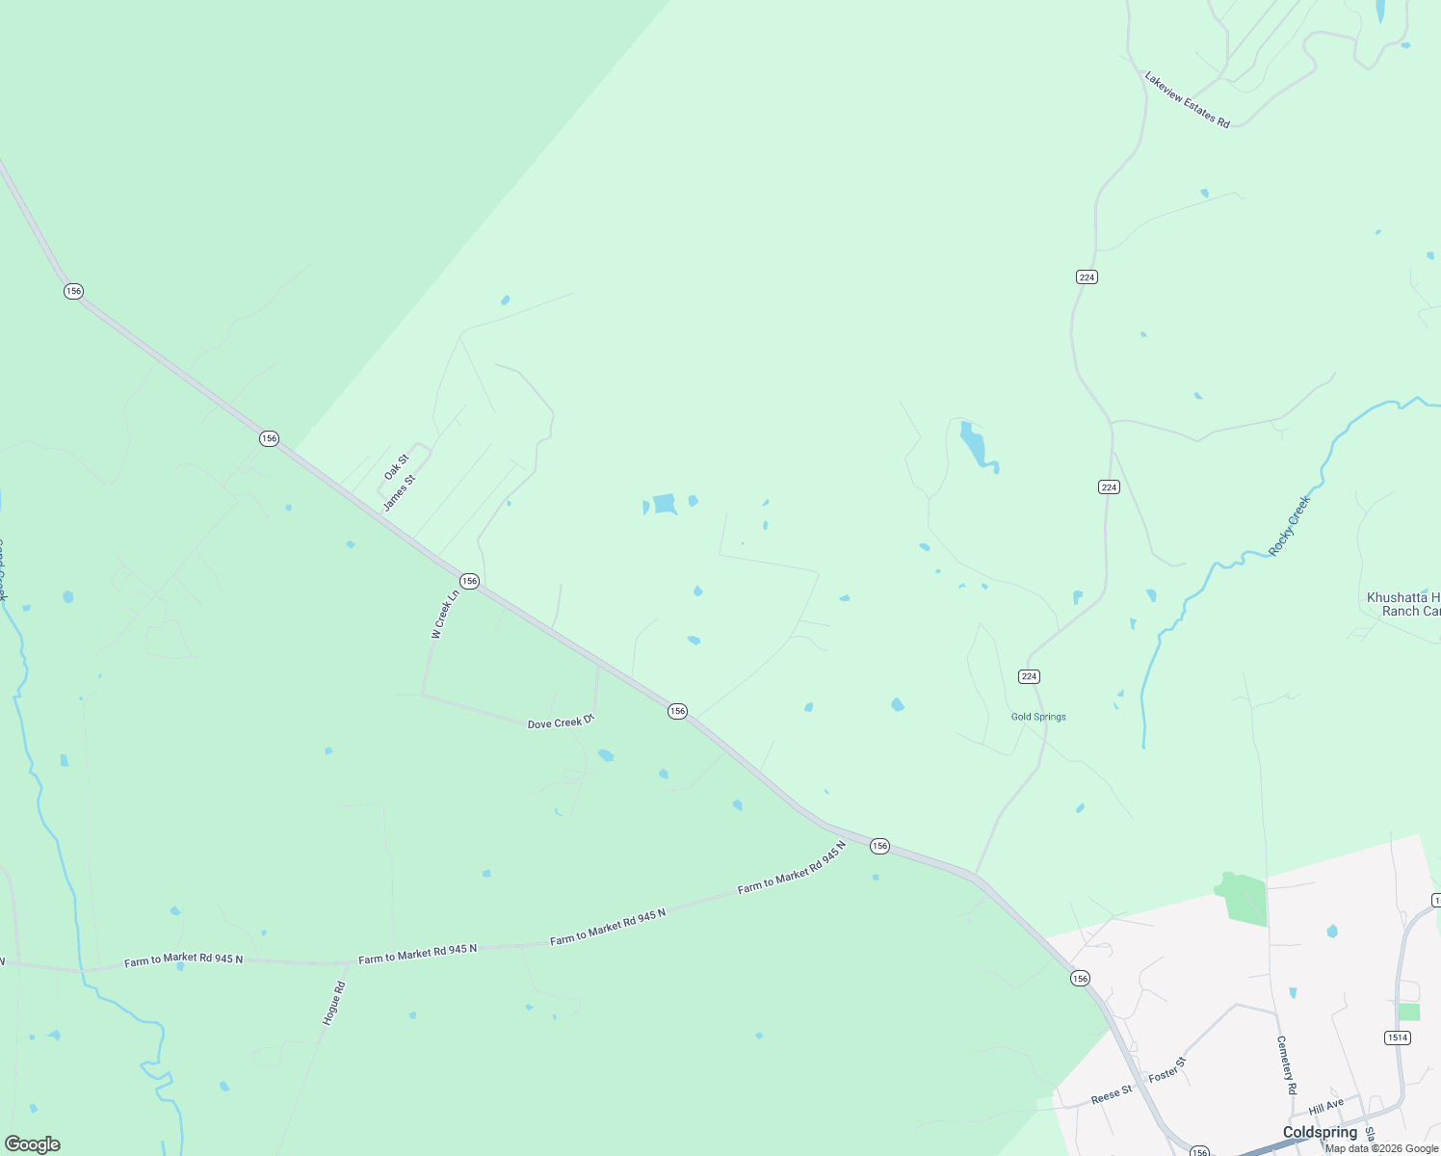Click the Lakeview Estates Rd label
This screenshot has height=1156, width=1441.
click(1187, 100)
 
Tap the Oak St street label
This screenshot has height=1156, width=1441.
click(396, 467)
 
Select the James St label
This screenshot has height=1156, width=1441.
click(399, 492)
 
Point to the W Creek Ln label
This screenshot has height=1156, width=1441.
click(445, 615)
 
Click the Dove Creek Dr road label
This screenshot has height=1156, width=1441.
click(562, 722)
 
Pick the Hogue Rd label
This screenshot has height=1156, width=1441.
click(333, 1003)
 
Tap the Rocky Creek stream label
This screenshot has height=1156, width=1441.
click(1290, 525)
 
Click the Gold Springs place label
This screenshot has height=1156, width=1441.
click(1038, 717)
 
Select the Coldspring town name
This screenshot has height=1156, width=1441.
click(1320, 1132)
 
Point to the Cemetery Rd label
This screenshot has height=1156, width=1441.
click(1287, 1064)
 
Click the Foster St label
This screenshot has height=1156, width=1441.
click(1167, 1069)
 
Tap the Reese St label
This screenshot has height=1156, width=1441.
click(1112, 1095)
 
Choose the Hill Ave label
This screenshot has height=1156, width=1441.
click(1326, 1106)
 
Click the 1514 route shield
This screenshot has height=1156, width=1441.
click(1398, 1038)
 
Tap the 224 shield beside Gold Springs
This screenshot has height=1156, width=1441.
click(1029, 676)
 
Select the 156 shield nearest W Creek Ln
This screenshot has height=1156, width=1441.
click(469, 581)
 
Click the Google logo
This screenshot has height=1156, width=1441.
click(32, 1144)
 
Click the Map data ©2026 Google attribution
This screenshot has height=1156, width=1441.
click(1381, 1148)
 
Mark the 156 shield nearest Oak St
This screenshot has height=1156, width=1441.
click(269, 438)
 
